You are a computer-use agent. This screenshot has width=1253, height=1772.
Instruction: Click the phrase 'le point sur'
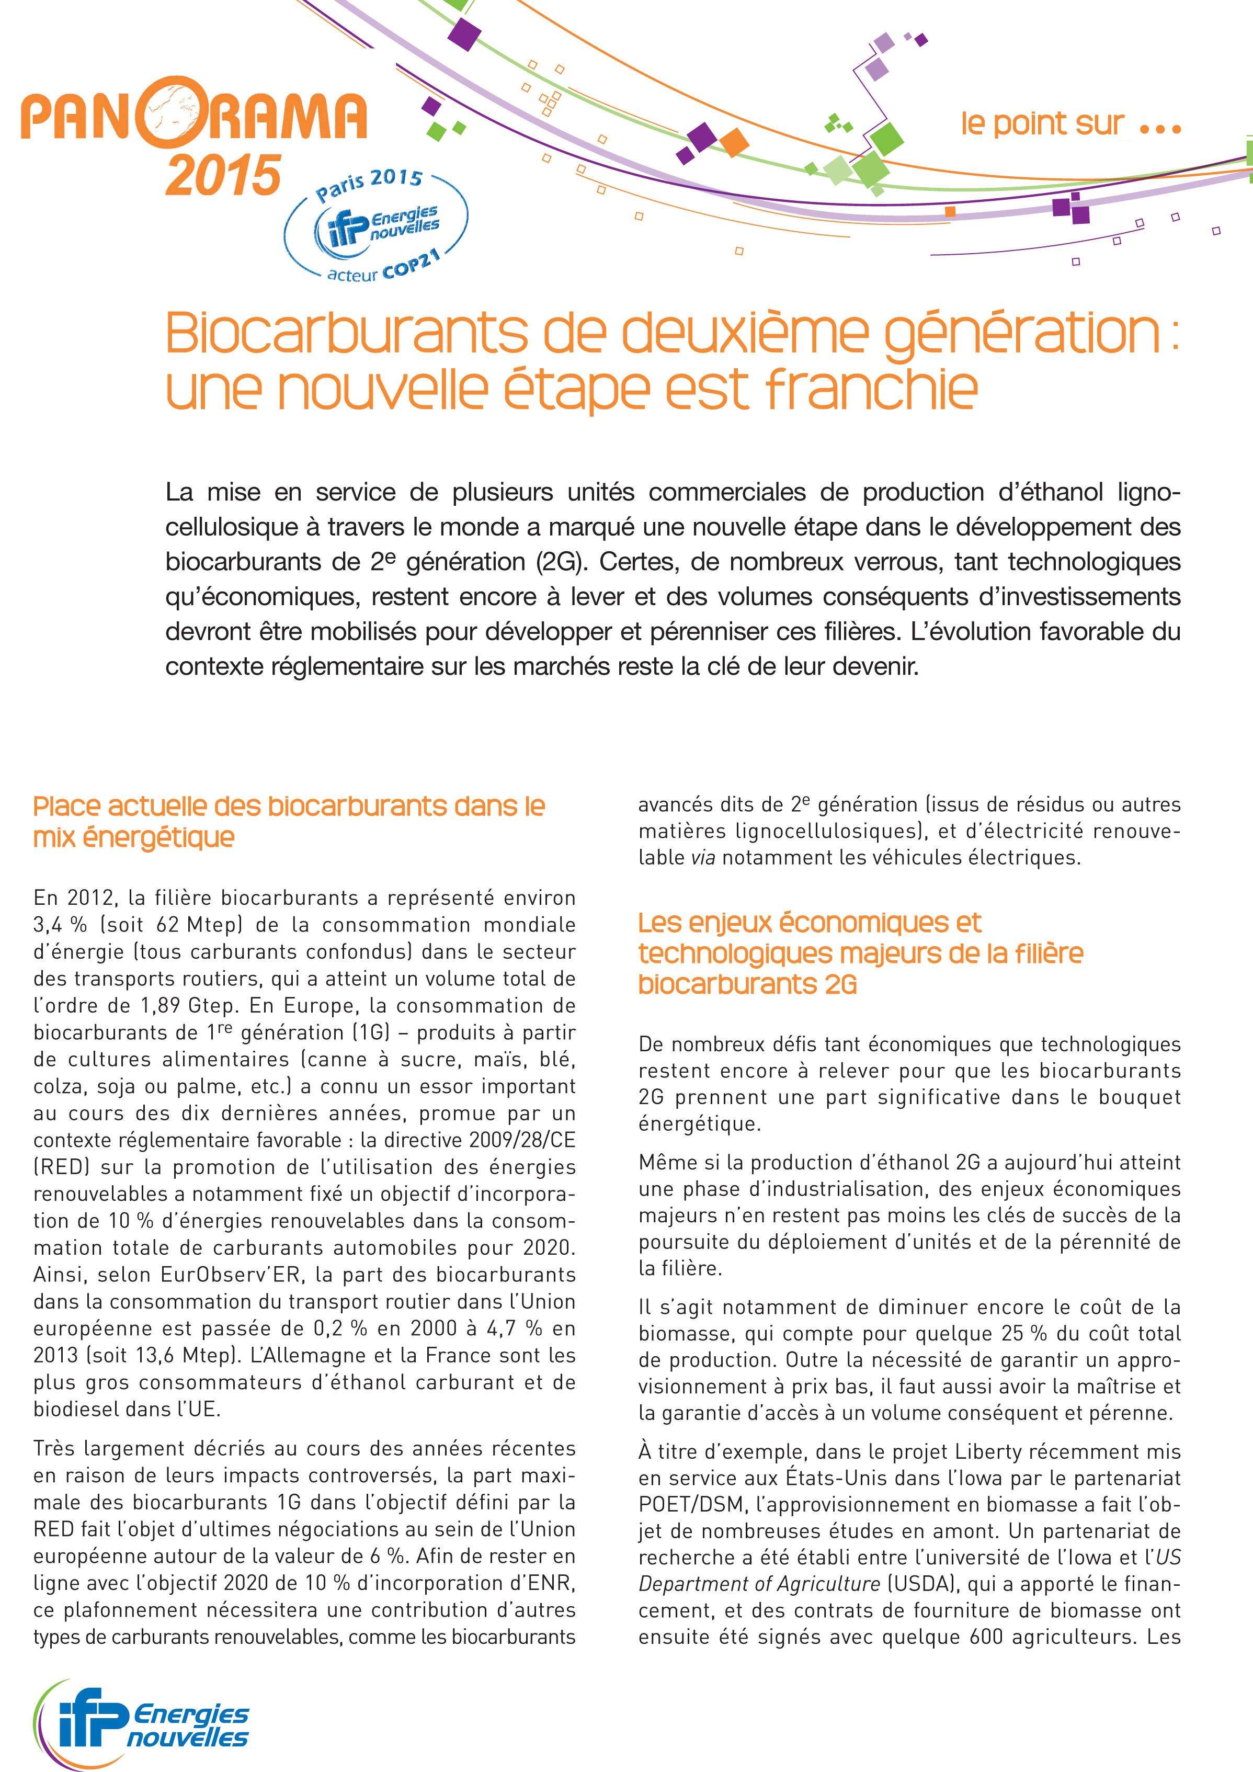(1042, 123)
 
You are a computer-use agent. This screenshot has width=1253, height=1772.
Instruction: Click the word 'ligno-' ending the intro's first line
(1147, 492)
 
